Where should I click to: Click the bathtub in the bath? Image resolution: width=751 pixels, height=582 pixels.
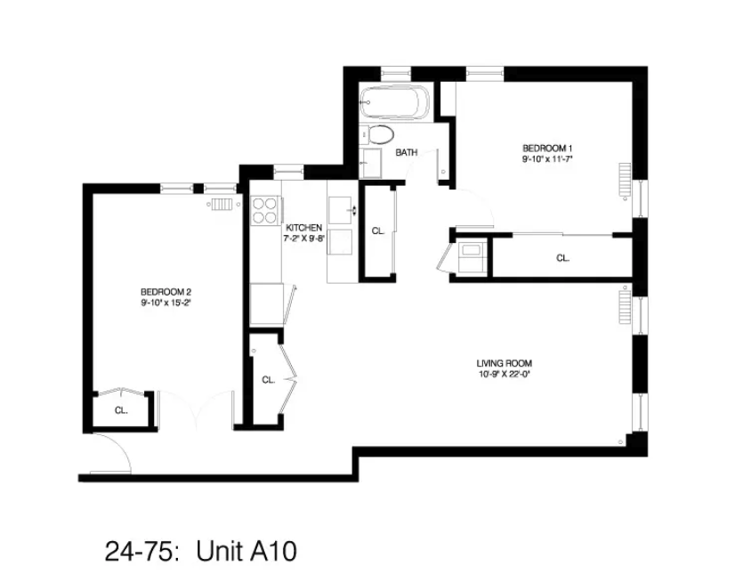[396, 103]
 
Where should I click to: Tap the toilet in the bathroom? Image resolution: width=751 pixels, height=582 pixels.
[380, 135]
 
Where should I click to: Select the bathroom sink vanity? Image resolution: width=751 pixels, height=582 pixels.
[371, 164]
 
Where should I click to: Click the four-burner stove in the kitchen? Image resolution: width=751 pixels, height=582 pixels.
[265, 210]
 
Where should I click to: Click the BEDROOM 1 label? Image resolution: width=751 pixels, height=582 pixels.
[547, 148]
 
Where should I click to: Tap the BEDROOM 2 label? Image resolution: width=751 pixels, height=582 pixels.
[166, 292]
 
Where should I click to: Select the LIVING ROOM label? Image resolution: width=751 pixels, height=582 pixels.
[510, 363]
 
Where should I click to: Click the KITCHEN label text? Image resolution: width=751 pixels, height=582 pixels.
[303, 228]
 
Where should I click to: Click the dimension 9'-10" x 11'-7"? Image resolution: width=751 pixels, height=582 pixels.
[547, 159]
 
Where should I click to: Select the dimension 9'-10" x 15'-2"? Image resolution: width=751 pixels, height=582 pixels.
[166, 303]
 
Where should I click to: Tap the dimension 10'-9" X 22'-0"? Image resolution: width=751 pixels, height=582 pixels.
[510, 374]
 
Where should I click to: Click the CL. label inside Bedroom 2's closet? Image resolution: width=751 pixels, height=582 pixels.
[121, 410]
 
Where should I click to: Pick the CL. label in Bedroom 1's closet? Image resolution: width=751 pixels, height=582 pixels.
[562, 258]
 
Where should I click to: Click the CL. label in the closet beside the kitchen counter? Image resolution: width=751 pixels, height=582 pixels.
[377, 230]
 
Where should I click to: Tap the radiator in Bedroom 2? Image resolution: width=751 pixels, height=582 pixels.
[222, 203]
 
